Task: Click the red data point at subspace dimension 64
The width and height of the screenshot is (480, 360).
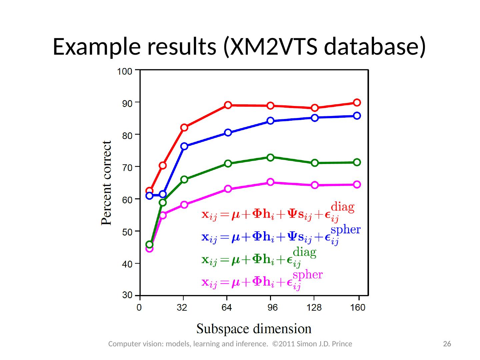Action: tap(228, 105)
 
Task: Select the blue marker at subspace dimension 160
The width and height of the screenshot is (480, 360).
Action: tap(357, 116)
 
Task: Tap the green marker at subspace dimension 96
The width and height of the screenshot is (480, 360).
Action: tap(270, 157)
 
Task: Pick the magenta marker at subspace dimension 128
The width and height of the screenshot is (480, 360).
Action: tap(315, 185)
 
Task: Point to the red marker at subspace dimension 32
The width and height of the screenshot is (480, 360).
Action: tap(184, 127)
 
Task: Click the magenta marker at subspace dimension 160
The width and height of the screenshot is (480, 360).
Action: tap(357, 184)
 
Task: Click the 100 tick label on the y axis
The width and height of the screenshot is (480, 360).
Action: tap(124, 71)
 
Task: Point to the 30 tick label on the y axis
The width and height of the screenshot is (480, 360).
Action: tap(127, 295)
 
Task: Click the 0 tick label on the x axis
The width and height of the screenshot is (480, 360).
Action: tap(139, 308)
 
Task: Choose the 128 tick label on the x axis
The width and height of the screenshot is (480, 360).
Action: tap(314, 308)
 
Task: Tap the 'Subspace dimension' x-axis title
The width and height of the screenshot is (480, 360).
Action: tap(254, 329)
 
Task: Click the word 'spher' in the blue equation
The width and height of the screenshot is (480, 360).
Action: tap(345, 230)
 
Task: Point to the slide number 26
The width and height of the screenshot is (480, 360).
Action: tap(447, 344)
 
